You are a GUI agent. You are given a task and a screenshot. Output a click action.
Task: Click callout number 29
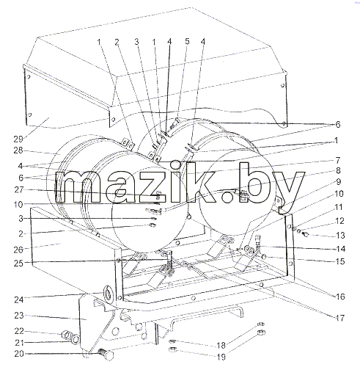[x=18, y=139]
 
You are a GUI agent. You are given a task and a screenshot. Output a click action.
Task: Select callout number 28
[x=18, y=150]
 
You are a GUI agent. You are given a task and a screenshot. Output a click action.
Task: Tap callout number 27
[x=19, y=190]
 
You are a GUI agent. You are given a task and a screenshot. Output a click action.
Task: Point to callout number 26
[x=18, y=250]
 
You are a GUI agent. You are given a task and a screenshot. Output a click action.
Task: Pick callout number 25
[x=19, y=264]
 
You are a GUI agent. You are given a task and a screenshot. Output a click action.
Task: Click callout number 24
[x=19, y=299]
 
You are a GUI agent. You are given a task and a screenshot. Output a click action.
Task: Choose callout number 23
[x=19, y=316]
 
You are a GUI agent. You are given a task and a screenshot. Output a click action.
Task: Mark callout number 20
[x=19, y=354]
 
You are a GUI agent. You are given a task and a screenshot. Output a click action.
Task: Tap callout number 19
[x=221, y=357]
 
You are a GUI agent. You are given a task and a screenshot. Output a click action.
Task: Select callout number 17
[x=340, y=318]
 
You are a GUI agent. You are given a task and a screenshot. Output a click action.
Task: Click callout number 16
[x=340, y=297]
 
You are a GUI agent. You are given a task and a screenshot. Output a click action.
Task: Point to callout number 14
[x=340, y=249]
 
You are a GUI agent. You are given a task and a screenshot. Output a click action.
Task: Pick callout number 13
[x=340, y=236]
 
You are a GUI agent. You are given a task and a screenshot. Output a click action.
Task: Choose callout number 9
[x=339, y=182]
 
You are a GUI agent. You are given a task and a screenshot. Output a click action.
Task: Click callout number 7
[x=337, y=161]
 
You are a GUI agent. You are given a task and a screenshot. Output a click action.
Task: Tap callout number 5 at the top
[x=187, y=41]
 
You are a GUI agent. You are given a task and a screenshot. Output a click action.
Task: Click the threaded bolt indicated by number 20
[x=106, y=353]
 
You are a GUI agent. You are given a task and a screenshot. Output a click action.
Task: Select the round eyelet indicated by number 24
[x=108, y=293]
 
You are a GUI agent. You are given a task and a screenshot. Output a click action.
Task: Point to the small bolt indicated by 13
[x=305, y=235]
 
